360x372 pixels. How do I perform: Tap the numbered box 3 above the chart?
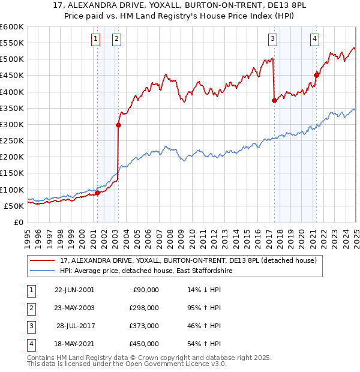click(x=272, y=40)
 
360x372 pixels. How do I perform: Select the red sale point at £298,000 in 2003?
click(x=118, y=125)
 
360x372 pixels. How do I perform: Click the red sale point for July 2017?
click(x=274, y=100)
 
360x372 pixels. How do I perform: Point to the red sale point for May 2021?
click(x=316, y=75)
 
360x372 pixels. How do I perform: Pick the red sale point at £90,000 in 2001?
click(x=97, y=193)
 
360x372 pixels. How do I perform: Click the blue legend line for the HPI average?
click(x=41, y=271)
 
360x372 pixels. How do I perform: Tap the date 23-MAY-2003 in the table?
click(x=74, y=307)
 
